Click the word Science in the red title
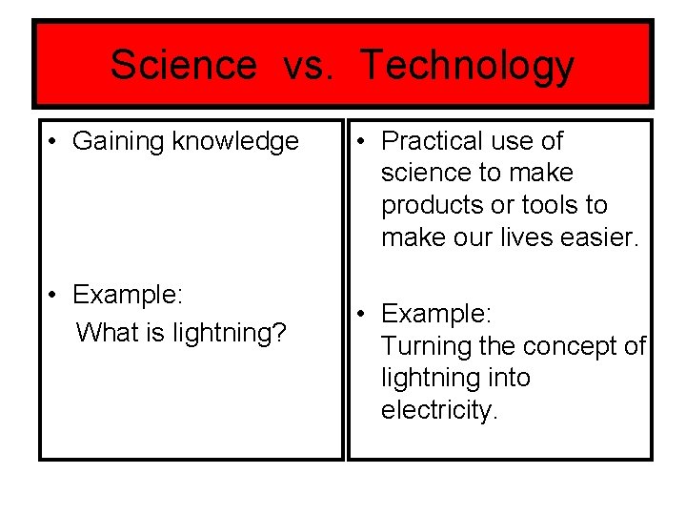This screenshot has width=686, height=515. point(183,66)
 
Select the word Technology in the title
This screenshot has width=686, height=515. point(467,66)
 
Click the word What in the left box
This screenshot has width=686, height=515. point(104,333)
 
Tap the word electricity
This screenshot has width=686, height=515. point(439,410)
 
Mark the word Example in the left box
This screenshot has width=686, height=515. point(127,295)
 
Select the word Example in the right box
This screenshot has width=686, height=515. point(435,314)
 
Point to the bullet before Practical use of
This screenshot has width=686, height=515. point(364,142)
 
